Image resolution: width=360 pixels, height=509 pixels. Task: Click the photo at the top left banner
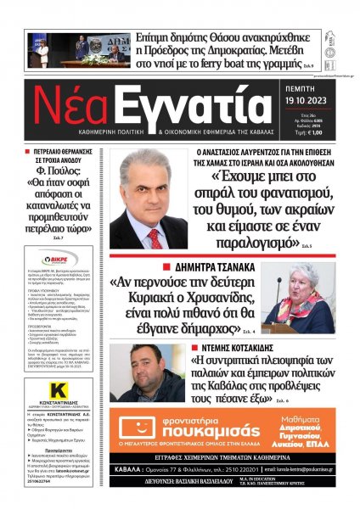[x=84, y=49]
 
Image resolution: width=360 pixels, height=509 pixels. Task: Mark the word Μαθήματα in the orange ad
[x=305, y=417]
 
